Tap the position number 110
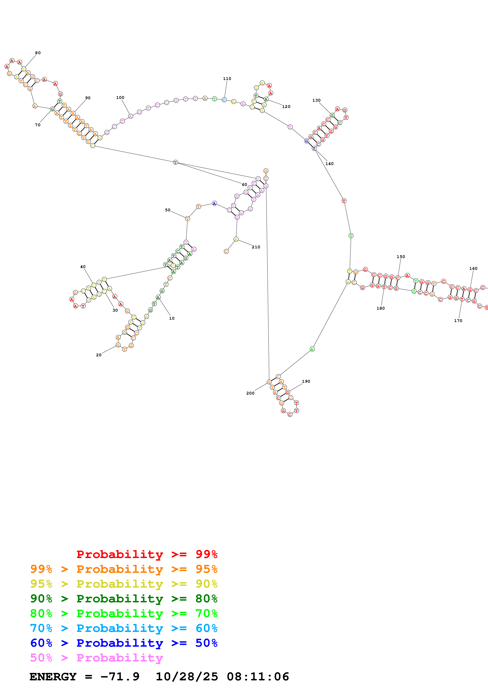pos(227,79)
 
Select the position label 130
pos(316,100)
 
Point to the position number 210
pos(256,247)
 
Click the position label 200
pos(250,393)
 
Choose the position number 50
pos(168,210)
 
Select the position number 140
pos(329,164)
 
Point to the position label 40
pos(83,267)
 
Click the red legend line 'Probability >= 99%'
pos(147,554)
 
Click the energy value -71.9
pos(120,677)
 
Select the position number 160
pos(473,269)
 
